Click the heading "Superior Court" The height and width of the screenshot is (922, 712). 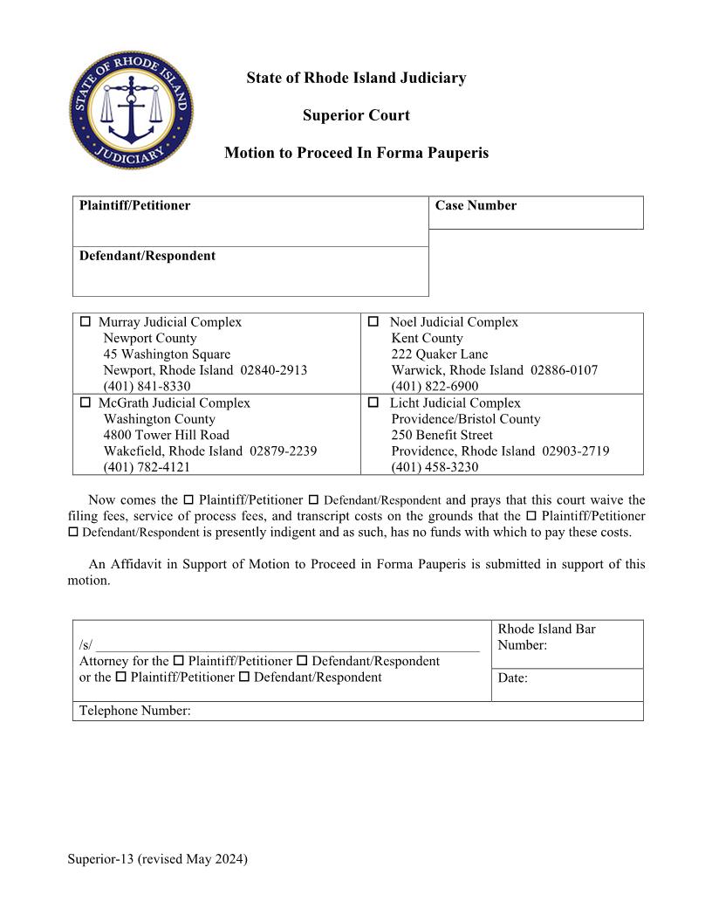356,115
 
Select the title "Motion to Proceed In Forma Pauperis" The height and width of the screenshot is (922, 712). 356,153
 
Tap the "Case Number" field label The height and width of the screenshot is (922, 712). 476,206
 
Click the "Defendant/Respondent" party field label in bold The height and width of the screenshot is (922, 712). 147,256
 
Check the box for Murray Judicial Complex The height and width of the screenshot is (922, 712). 86,322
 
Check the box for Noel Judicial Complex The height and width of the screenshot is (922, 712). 373,322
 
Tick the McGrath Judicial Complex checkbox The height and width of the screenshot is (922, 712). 86,403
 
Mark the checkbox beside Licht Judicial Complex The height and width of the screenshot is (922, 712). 373,403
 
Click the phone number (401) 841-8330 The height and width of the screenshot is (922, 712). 147,386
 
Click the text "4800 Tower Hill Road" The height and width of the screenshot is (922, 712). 167,435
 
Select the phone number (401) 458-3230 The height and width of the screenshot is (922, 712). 435,467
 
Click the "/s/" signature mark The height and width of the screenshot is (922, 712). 86,645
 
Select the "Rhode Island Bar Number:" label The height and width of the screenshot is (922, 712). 546,636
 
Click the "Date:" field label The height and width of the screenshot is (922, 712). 512,678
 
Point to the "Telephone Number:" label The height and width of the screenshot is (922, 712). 134,711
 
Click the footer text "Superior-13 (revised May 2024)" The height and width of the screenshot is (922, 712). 158,859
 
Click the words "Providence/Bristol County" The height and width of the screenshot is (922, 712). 466,419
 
